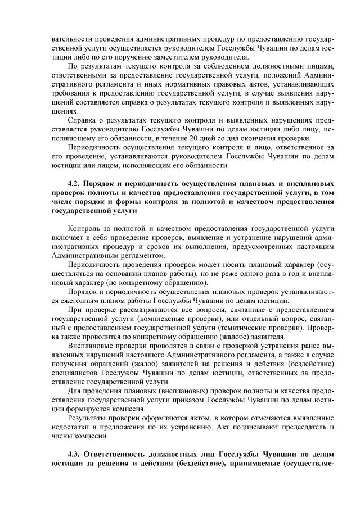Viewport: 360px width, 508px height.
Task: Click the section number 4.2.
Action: pyautogui.click(x=74, y=184)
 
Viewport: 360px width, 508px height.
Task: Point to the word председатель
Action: pyautogui.click(x=285, y=428)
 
